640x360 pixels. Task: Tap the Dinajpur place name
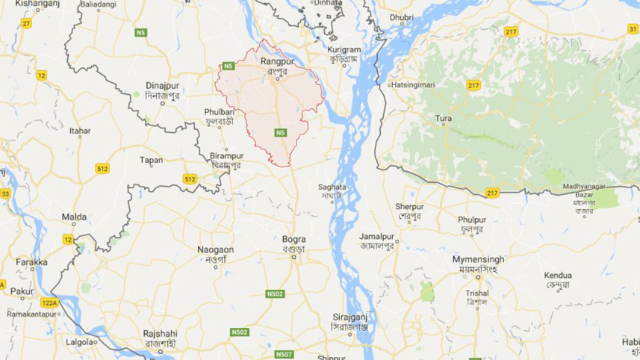tap(161, 86)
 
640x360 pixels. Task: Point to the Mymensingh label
tap(478, 259)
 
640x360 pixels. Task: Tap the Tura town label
tap(444, 118)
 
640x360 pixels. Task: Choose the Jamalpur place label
tap(376, 236)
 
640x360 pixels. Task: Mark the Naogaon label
tap(215, 249)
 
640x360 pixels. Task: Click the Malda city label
tap(74, 217)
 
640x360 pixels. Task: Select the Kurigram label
tap(344, 49)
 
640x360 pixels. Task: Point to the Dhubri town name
tap(401, 16)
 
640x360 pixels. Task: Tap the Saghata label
tap(332, 187)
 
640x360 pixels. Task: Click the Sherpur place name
tap(409, 206)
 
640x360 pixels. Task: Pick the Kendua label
tap(558, 275)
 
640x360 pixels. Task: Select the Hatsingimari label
tap(411, 84)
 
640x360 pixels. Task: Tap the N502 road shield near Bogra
tap(275, 294)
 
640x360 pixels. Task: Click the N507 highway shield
tap(284, 354)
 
